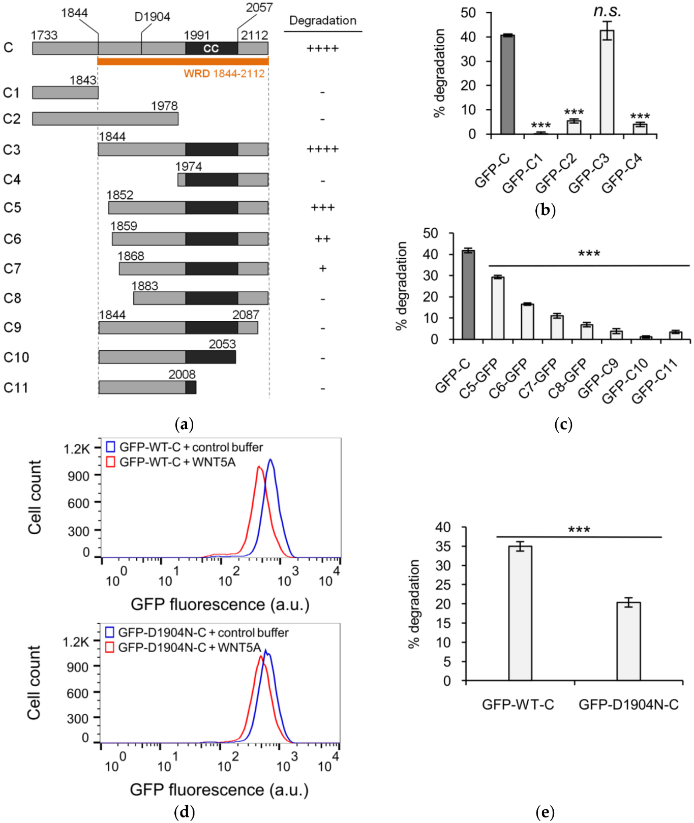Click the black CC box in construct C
coord(211,48)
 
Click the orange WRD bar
coord(183,62)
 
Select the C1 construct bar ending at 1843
coord(65,93)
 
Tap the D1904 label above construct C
coord(152,17)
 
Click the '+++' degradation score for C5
coord(322,207)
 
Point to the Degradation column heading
coord(322,20)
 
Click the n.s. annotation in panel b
coord(607,11)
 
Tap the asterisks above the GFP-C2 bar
coord(574,112)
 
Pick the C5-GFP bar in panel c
coord(498,308)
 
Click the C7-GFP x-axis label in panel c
coord(537,379)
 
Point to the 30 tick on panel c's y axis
coord(431,276)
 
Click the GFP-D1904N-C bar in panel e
coord(628,641)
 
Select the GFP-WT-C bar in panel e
coord(520,613)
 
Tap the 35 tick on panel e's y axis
coord(443,546)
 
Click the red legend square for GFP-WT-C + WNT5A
coord(110,462)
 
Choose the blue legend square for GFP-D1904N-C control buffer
coord(109,632)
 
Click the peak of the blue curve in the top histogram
coord(270,460)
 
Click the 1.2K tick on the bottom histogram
coord(75,642)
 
